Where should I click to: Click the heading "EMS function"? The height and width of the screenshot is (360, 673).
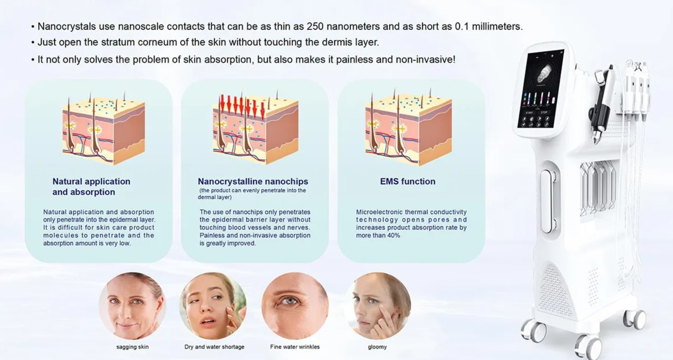pyautogui.click(x=407, y=181)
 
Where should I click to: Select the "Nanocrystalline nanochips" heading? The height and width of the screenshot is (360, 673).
pyautogui.click(x=253, y=181)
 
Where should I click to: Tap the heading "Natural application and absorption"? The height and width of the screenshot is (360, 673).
pyautogui.click(x=91, y=186)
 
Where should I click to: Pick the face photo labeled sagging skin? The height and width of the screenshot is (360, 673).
pyautogui.click(x=132, y=306)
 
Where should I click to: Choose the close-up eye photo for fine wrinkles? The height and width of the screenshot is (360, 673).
pyautogui.click(x=295, y=306)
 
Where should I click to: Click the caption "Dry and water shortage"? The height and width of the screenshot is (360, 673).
pyautogui.click(x=214, y=347)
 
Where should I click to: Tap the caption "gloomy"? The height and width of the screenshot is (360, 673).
pyautogui.click(x=377, y=347)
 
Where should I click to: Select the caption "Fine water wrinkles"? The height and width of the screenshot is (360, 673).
pyautogui.click(x=295, y=347)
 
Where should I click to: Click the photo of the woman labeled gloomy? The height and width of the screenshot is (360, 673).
pyautogui.click(x=377, y=306)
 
